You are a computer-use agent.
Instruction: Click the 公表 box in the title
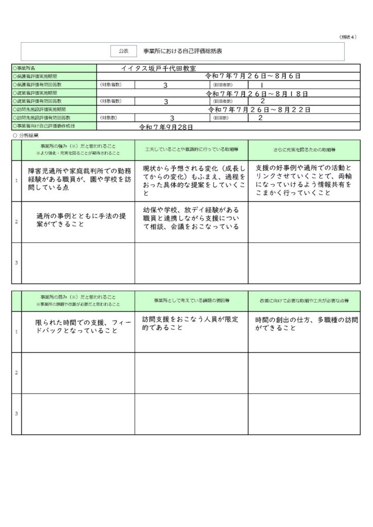tap(123, 51)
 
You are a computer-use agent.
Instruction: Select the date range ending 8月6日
tap(252, 76)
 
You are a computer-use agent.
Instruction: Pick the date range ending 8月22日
tap(259, 110)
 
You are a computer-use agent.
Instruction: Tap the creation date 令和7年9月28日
tap(166, 126)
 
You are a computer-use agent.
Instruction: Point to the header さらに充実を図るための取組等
tap(303, 150)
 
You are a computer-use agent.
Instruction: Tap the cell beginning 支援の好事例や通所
tap(304, 180)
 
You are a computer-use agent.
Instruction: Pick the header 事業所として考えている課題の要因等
tap(191, 301)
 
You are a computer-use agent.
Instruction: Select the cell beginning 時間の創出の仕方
tap(304, 323)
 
